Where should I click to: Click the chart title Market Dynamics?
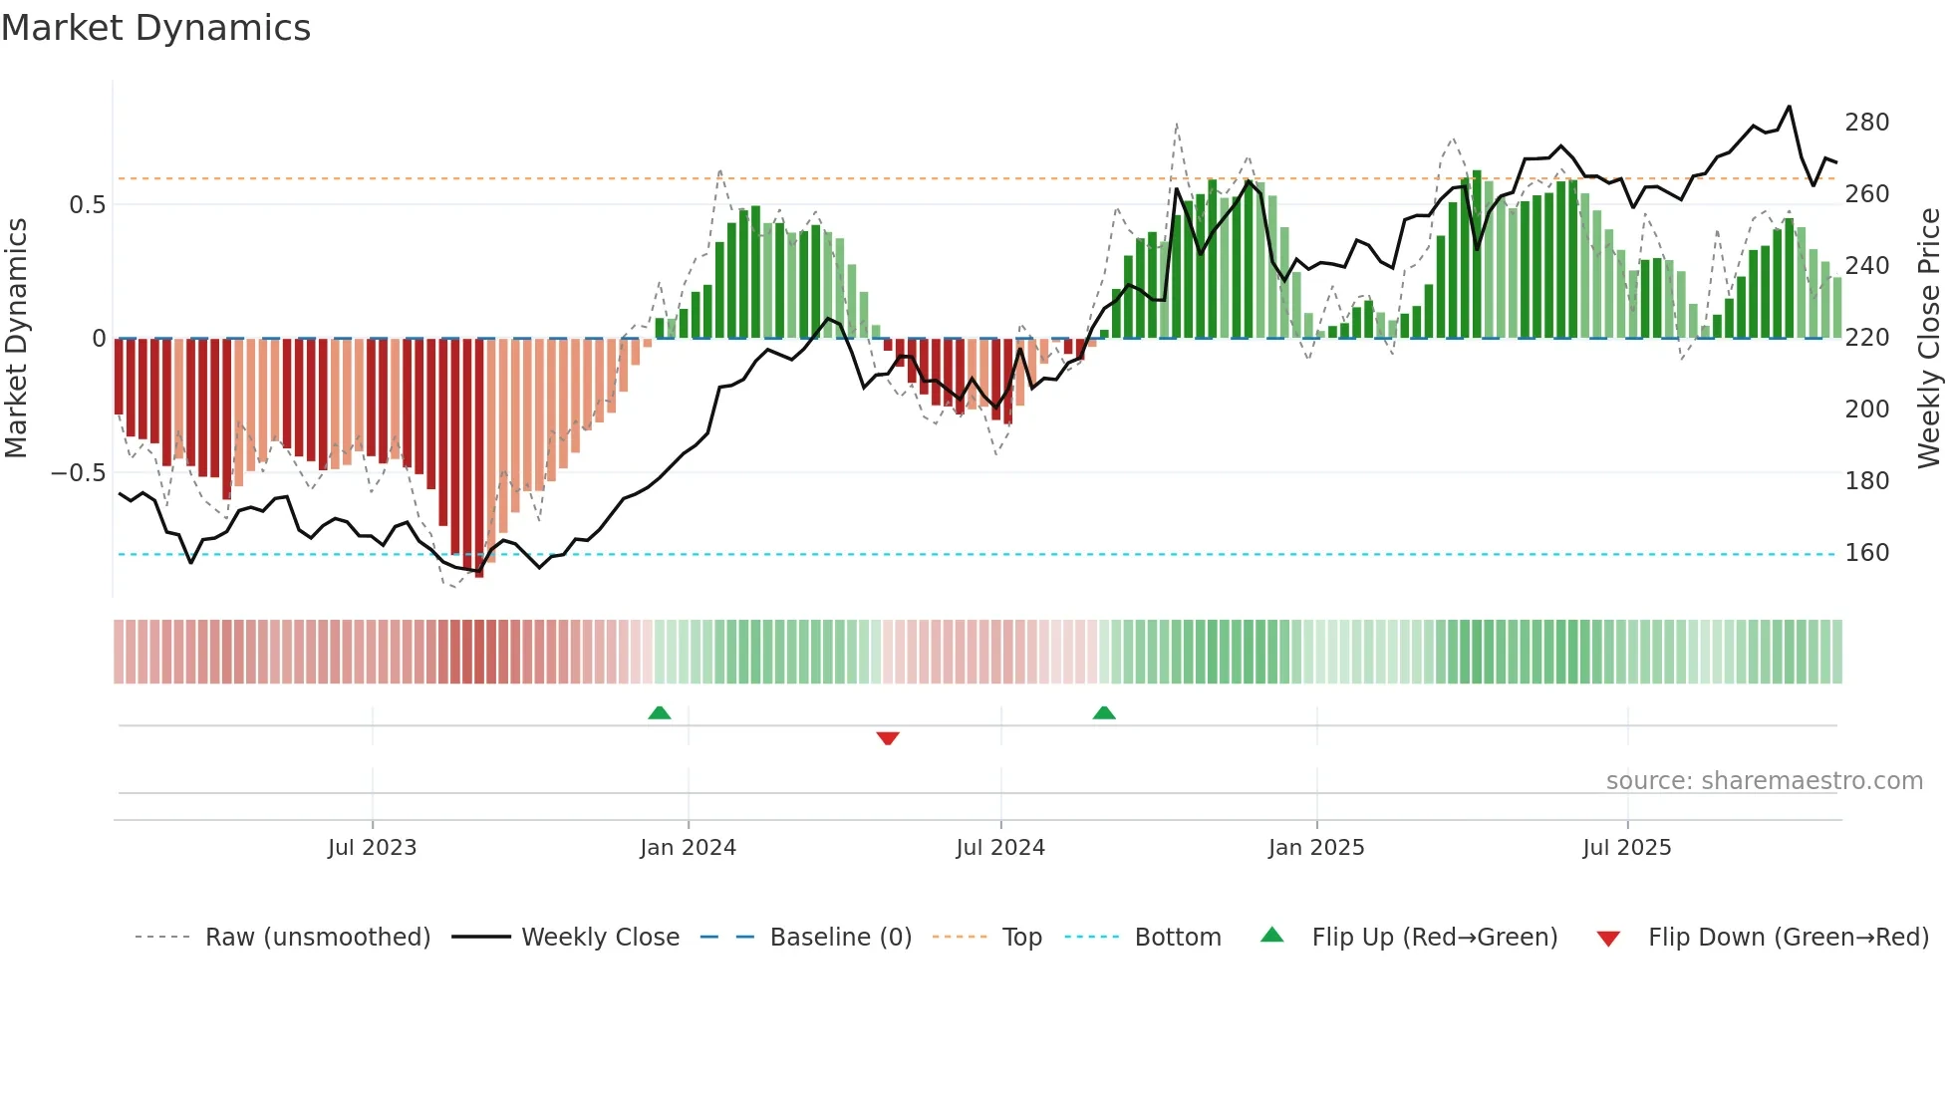[x=155, y=28]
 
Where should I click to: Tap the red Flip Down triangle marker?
[x=888, y=738]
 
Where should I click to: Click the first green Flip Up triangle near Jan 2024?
[x=660, y=712]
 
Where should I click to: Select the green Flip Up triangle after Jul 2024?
[x=1104, y=712]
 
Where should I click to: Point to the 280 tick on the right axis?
[x=1866, y=123]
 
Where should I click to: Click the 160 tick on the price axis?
[x=1866, y=553]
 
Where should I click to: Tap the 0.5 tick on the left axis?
[x=87, y=205]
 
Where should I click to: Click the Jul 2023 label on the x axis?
[x=372, y=848]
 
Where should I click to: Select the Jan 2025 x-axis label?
[x=1315, y=848]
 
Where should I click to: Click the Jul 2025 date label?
[x=1626, y=848]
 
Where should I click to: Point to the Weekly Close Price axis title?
[x=1929, y=338]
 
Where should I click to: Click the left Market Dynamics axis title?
[x=16, y=338]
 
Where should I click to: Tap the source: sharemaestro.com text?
[x=1764, y=781]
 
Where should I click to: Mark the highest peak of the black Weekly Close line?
[x=1789, y=107]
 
